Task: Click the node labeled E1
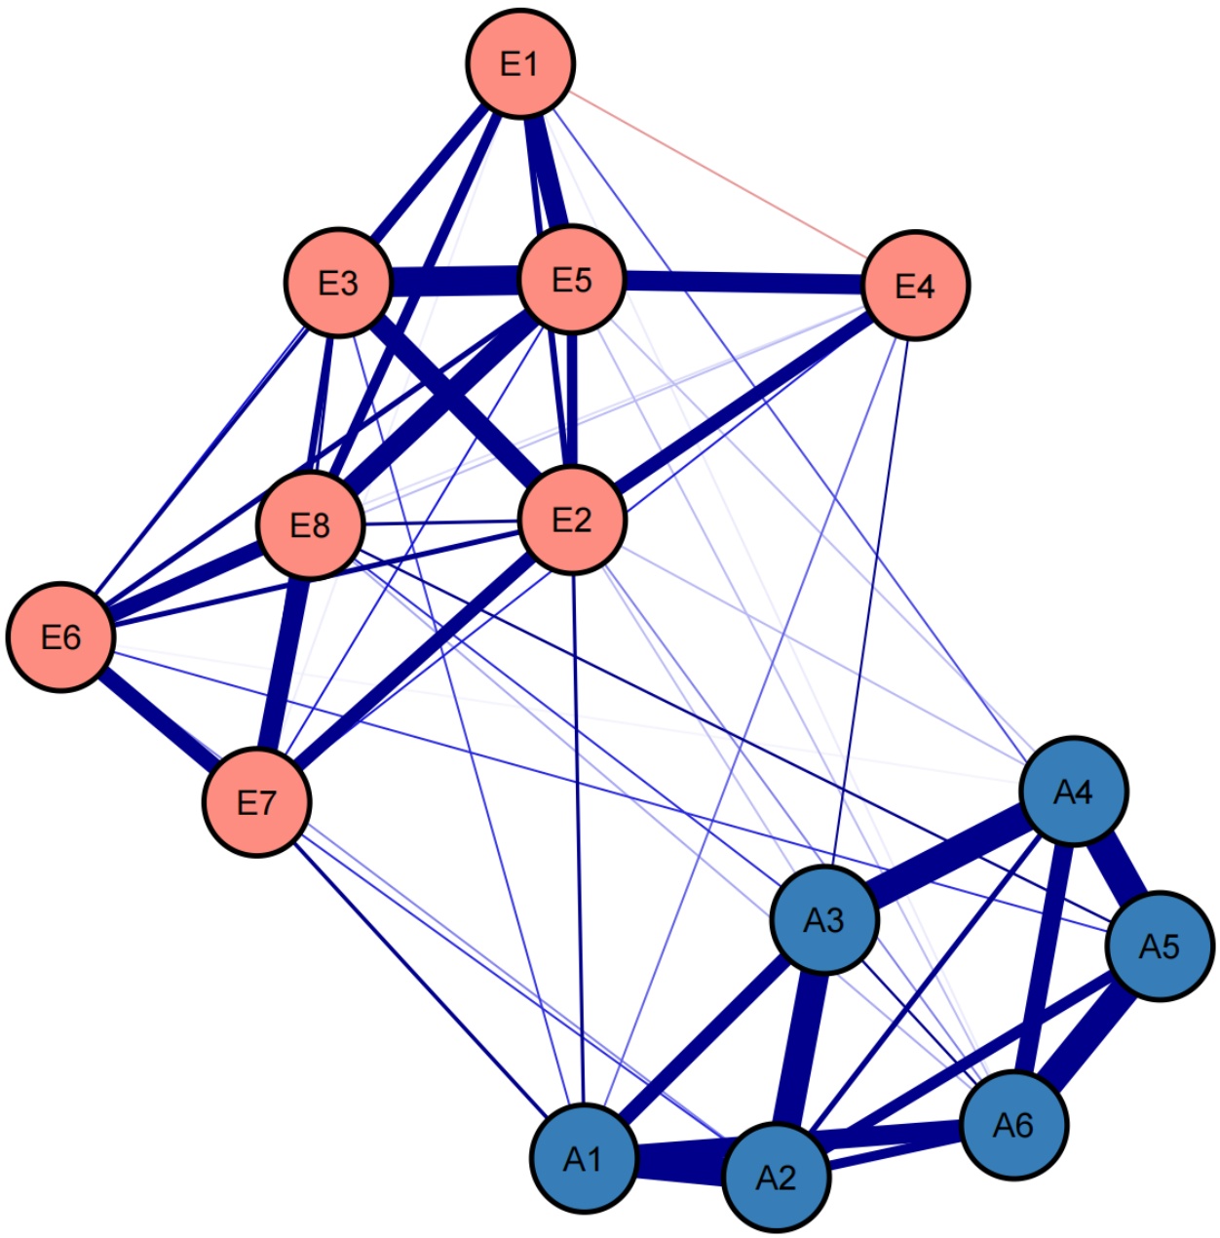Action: pos(520,63)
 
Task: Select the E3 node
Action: pos(338,283)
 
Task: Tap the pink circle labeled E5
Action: pos(572,280)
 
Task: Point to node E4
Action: pos(915,285)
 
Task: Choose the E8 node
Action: pos(310,524)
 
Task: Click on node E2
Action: pos(572,520)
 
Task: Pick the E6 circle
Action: pos(60,637)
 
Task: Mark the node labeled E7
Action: pos(256,801)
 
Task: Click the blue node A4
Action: pos(1073,792)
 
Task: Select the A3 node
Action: pos(824,919)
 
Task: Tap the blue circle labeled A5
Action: pos(1160,946)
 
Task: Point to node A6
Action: pos(1013,1125)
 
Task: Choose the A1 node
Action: pos(583,1159)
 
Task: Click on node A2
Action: pos(777,1178)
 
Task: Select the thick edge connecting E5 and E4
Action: pos(743,283)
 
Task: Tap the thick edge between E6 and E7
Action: pos(159,719)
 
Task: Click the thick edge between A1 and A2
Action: pos(679,1168)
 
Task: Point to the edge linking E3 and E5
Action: pos(455,282)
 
